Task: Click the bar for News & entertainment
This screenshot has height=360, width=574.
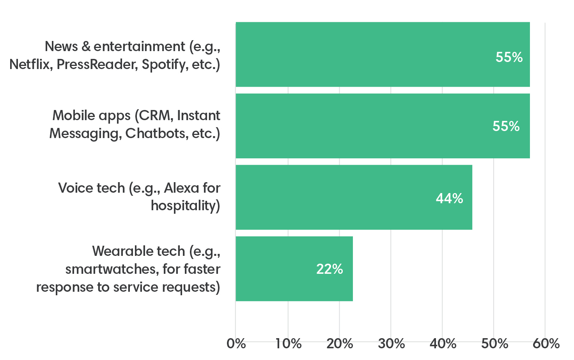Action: pyautogui.click(x=382, y=55)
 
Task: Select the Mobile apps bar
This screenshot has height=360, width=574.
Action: pyautogui.click(x=382, y=126)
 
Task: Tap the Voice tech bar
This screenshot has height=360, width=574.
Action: pyautogui.click(x=354, y=197)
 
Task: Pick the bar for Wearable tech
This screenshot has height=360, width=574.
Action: pyautogui.click(x=294, y=269)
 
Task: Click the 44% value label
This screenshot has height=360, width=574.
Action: pyautogui.click(x=449, y=199)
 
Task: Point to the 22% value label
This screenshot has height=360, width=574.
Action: pyautogui.click(x=330, y=269)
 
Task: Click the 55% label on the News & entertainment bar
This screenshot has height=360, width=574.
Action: pyautogui.click(x=509, y=57)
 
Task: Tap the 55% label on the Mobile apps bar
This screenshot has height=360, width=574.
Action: pyautogui.click(x=506, y=126)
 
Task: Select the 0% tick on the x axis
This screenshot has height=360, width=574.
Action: pyautogui.click(x=236, y=344)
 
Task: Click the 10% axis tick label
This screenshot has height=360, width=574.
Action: pyautogui.click(x=288, y=344)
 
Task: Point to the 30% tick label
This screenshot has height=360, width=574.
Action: pyautogui.click(x=391, y=344)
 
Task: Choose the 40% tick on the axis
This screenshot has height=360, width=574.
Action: pyautogui.click(x=443, y=344)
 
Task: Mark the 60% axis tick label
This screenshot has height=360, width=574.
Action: pyautogui.click(x=546, y=344)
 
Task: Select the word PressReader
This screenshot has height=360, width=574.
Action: pyautogui.click(x=97, y=64)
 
